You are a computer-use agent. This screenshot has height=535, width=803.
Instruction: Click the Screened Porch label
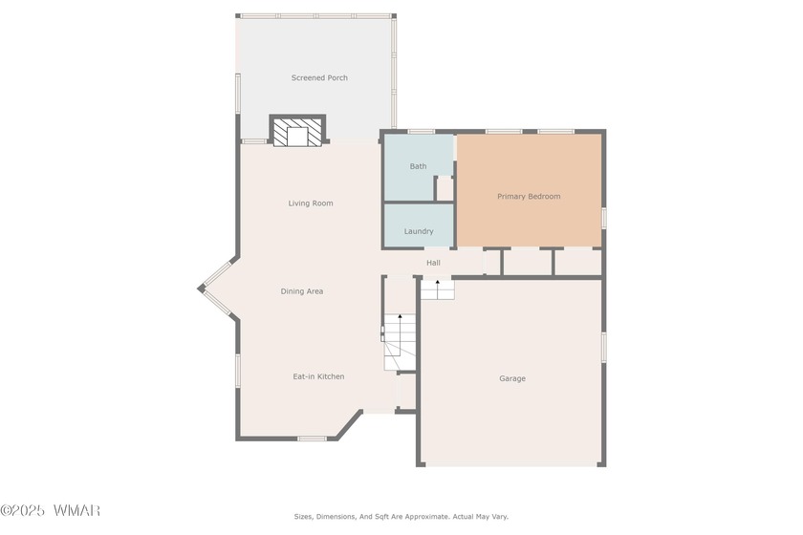pos(319,77)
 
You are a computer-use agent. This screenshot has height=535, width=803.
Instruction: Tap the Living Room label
pos(311,203)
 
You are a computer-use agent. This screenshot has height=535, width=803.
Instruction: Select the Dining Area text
pos(302,291)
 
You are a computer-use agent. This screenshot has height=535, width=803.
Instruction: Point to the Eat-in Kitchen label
pos(318,376)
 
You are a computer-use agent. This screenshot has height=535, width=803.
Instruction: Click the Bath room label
pos(418,166)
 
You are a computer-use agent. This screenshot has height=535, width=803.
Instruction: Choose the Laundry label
pos(419,231)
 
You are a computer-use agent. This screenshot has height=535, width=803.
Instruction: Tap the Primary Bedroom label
pos(529,196)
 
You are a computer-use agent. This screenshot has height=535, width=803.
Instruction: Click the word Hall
pos(433,263)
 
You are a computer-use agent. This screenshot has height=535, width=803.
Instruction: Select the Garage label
pos(512,378)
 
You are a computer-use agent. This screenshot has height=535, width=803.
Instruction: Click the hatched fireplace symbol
pos(297,132)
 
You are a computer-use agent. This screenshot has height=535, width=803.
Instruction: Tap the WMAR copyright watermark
pos(50,510)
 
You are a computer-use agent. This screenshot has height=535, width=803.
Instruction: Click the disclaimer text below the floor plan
pos(401,517)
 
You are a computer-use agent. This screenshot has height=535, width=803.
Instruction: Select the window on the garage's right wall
pos(604,347)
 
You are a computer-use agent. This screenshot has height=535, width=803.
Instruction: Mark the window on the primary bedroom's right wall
pos(604,218)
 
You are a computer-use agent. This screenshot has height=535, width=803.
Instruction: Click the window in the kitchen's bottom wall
pos(313,439)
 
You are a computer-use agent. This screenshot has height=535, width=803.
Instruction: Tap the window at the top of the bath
pos(422,132)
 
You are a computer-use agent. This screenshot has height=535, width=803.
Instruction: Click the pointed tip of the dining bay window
pos(199,289)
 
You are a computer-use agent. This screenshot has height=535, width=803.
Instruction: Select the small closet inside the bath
pos(445,188)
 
